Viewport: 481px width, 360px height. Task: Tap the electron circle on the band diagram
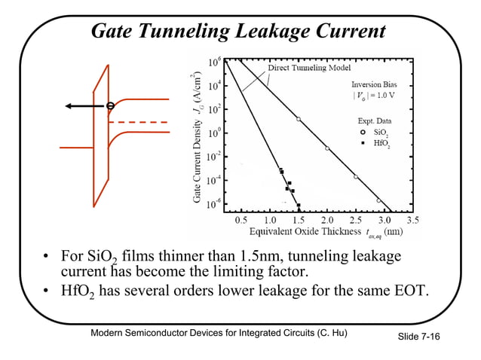[110, 106]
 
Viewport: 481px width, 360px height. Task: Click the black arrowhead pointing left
[69, 106]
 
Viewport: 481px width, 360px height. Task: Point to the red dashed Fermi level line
[138, 122]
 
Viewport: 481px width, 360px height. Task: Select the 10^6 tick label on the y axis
[214, 63]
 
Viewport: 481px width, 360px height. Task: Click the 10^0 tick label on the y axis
[214, 133]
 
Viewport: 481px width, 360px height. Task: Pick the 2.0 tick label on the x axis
[327, 220]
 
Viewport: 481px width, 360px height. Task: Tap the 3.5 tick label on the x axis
[412, 220]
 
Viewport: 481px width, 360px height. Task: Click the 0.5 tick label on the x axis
[241, 220]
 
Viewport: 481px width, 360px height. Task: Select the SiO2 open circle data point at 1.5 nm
[299, 119]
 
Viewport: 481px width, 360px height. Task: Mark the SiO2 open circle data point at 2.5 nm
[356, 177]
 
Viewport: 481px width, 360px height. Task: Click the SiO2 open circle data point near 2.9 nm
[378, 200]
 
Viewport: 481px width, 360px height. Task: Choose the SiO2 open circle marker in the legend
[363, 132]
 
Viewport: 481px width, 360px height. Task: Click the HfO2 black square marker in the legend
[363, 143]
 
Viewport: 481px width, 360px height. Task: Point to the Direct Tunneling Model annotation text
[309, 68]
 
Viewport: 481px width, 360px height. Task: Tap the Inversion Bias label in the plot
[374, 84]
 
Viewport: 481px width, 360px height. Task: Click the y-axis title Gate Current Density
[197, 161]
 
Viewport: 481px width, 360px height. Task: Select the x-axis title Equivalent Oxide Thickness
[305, 231]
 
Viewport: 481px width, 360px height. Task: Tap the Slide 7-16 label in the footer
[418, 337]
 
